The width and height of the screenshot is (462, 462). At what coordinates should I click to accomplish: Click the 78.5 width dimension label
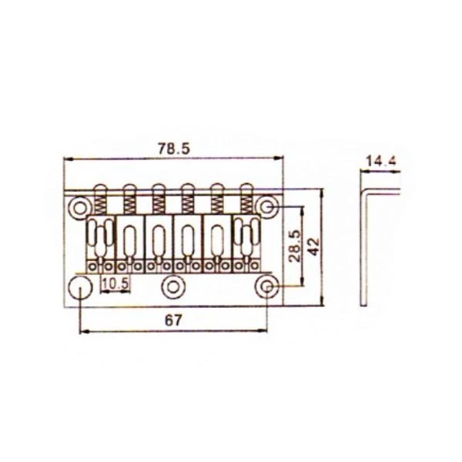(174, 149)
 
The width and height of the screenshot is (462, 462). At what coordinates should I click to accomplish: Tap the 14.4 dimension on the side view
(382, 162)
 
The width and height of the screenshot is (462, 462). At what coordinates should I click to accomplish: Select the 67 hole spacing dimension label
(173, 320)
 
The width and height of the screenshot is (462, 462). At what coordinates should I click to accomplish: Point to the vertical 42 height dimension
(314, 246)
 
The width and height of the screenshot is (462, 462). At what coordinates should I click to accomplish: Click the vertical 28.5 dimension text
(295, 246)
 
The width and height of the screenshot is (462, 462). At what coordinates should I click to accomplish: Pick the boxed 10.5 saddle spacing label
(115, 283)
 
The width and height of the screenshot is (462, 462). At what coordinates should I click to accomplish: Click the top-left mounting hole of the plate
(79, 209)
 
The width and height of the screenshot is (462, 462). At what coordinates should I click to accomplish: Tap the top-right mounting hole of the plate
(267, 207)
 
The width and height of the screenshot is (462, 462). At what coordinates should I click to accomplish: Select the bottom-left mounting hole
(80, 287)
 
